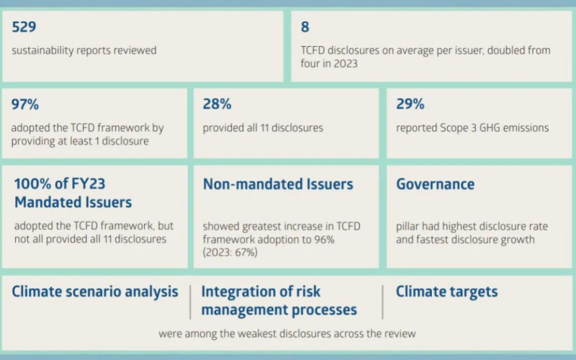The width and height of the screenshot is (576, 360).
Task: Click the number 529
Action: (24, 27)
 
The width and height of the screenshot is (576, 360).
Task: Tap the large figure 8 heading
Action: (305, 27)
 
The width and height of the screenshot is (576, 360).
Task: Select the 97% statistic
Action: (25, 104)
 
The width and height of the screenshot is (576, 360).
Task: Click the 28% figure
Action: (217, 104)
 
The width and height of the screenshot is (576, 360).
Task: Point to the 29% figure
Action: (410, 104)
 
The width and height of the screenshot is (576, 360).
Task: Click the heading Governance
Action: (435, 184)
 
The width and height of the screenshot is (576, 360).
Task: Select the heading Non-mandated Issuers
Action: (278, 184)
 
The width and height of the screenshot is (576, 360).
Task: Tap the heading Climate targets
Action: (446, 292)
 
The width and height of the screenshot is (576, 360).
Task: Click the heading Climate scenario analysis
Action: (95, 292)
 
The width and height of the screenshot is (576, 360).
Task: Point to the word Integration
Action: (241, 292)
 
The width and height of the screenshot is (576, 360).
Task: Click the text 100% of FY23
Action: (60, 184)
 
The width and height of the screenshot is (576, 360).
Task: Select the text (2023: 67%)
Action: (230, 253)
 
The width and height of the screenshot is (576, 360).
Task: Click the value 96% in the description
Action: (324, 240)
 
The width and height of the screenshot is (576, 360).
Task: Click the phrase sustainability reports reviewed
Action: (84, 50)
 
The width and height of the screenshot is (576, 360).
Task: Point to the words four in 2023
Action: (329, 63)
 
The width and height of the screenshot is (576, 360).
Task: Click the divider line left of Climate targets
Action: (383, 302)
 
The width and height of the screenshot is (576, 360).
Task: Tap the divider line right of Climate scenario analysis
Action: (190, 302)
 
